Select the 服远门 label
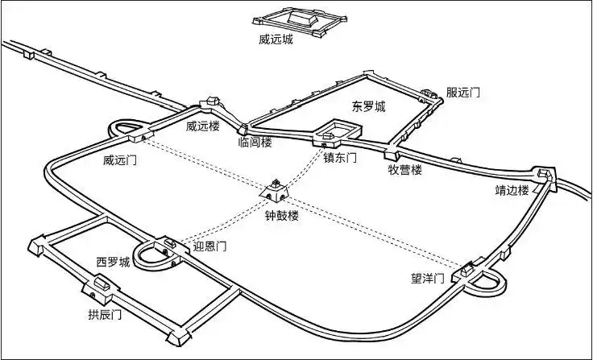click(x=463, y=93)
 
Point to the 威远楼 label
click(x=202, y=126)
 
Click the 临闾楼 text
click(x=255, y=143)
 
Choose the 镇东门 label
click(x=339, y=159)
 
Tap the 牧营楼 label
click(x=405, y=170)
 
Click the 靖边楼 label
click(x=512, y=191)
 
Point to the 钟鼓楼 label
click(x=282, y=217)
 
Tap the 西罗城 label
click(x=113, y=263)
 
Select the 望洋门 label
click(x=428, y=279)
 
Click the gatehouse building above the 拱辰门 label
click(x=98, y=286)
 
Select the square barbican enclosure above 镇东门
click(x=335, y=131)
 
